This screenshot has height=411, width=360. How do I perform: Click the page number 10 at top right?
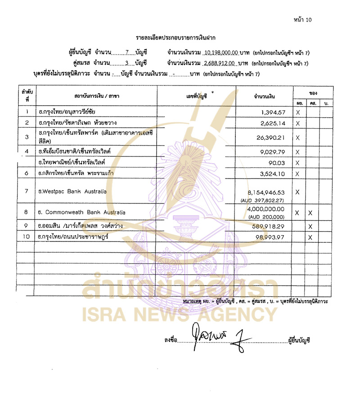[x=302, y=19]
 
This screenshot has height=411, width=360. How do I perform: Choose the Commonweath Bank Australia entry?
[x=82, y=212]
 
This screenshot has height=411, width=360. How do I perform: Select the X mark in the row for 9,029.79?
[x=298, y=152]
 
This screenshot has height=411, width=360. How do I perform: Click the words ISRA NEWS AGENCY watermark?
[x=180, y=313]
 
